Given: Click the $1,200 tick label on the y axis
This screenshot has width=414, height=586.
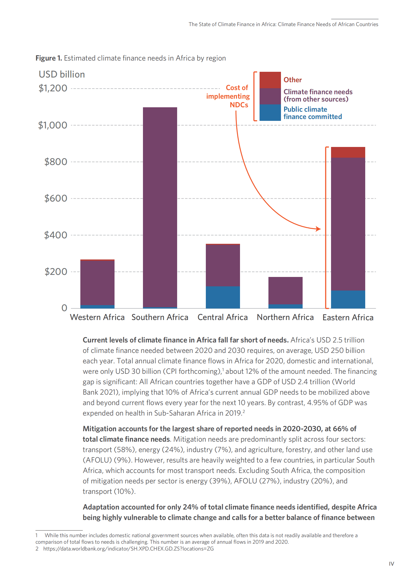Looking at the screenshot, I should (x=53, y=88).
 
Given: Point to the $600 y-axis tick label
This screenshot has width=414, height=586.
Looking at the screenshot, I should (x=56, y=198).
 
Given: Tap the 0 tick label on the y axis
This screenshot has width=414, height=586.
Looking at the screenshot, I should (x=64, y=308).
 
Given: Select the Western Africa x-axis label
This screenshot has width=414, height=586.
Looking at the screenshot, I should (x=97, y=317).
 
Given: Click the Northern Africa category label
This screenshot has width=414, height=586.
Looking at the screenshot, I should (x=285, y=317).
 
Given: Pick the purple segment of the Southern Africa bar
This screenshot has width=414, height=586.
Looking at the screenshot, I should (x=160, y=206).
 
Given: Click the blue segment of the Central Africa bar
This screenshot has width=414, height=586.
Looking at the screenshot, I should (x=223, y=298).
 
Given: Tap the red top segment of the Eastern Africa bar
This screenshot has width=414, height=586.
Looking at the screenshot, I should (x=348, y=152).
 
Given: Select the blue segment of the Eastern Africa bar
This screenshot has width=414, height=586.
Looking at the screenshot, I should (x=348, y=299).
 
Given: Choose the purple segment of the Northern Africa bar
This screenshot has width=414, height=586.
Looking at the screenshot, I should (x=285, y=290).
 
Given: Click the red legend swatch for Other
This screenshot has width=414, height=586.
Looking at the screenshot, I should (x=270, y=80).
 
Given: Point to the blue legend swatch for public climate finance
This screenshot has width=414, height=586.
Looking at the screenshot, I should (x=270, y=113).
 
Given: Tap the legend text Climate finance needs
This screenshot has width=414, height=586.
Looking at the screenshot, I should (x=318, y=92).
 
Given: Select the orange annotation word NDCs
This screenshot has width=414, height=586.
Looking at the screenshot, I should (x=239, y=105).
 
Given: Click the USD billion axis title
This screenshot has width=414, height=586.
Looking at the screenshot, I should (x=62, y=74).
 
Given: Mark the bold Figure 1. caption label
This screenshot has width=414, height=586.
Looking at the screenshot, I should (x=49, y=58).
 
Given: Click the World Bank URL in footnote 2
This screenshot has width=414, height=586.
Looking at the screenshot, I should (x=128, y=549).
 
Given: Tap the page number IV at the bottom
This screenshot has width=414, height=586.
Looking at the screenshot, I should (x=391, y=564).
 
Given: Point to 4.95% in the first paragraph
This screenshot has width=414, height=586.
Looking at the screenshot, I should (x=317, y=403).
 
